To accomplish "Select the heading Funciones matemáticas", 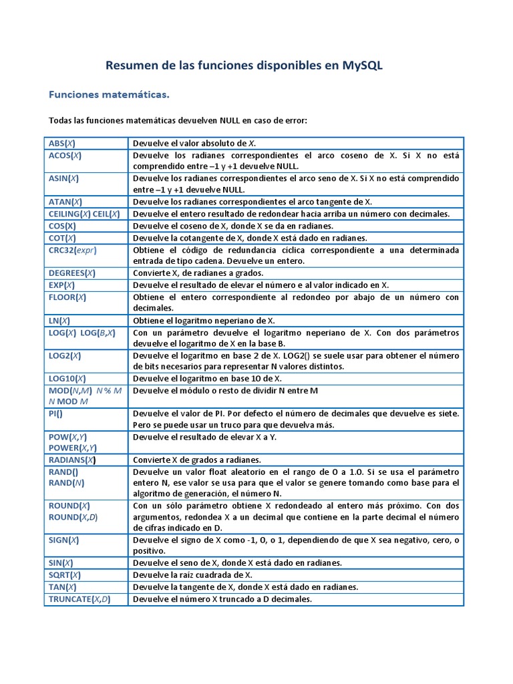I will coord(109,96).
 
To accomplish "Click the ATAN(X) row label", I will coord(65,201).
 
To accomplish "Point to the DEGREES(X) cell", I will coord(72,273).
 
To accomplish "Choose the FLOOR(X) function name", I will coord(67,297).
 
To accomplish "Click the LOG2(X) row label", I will coord(65,355).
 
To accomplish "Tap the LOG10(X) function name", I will coord(67,378).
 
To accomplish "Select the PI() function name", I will coord(55,413).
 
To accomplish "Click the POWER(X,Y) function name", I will coord(73,448).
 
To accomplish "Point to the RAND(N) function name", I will coord(66,482).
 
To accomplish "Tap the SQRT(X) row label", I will coord(65,574).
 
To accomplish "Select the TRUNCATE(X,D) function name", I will coord(79,598).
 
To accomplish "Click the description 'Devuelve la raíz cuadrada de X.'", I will coord(193,574).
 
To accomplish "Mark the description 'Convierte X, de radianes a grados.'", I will coord(198,273).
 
